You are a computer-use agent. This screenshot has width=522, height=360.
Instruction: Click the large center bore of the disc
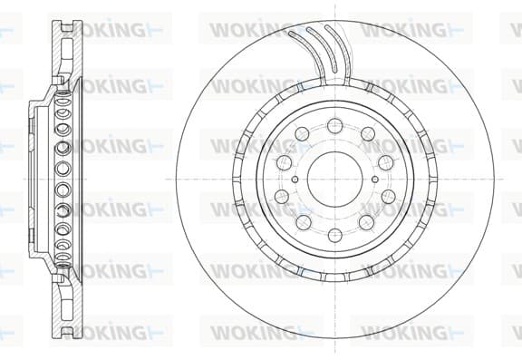pyautogui.click(x=335, y=180)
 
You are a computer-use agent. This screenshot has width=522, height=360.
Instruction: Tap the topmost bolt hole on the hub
pyautogui.click(x=335, y=125)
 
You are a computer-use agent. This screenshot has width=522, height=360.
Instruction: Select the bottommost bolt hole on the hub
pyautogui.click(x=335, y=235)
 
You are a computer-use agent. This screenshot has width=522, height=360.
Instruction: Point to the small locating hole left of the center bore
pyautogui.click(x=295, y=180)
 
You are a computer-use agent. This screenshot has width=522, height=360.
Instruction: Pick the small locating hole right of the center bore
pyautogui.click(x=375, y=180)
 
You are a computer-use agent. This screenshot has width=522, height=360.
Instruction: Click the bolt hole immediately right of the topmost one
pyautogui.click(x=368, y=134)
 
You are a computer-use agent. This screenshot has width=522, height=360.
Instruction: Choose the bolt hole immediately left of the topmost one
pyautogui.click(x=302, y=134)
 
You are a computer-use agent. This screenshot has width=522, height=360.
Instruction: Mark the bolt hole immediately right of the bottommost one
pyautogui.click(x=366, y=222)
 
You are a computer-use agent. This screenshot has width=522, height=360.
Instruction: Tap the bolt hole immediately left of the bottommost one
pyautogui.click(x=304, y=222)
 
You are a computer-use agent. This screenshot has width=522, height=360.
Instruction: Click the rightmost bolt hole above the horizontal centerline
pyautogui.click(x=386, y=162)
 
